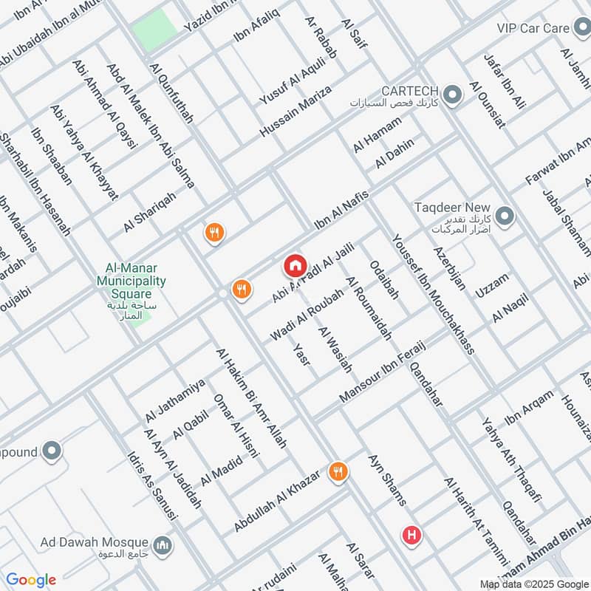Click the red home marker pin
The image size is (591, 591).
294,264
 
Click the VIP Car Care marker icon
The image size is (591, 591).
581,28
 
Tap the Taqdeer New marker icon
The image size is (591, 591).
505,216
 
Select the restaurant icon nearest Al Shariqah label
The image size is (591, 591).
214,233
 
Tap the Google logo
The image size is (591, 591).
31,580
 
